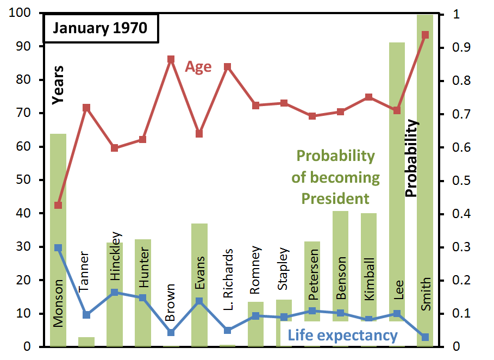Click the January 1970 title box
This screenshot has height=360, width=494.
tap(101, 28)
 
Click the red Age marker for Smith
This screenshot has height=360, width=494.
tap(425, 35)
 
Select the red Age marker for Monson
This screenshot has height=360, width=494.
tap(58, 205)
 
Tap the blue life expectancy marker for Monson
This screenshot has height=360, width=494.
tap(58, 248)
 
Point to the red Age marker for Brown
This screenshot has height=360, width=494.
tap(171, 59)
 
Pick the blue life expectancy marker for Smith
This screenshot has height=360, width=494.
tap(425, 337)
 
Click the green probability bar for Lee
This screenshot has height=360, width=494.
tap(397, 195)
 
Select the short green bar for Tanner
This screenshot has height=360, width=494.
tap(86, 342)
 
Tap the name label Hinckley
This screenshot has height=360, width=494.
tap(116, 256)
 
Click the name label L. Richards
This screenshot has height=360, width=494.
tap(228, 280)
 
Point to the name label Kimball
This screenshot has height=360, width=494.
tap(369, 279)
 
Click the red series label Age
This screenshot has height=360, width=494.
tap(198, 67)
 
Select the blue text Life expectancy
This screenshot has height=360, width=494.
tap(343, 336)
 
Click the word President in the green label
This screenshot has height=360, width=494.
tap(335, 198)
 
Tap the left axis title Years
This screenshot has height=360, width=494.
tap(58, 85)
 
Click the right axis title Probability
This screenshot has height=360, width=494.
tap(411, 158)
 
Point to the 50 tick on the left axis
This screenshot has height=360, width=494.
tap(23, 179)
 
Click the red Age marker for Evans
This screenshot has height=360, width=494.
tap(199, 134)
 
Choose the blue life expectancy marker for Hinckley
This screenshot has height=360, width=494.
tap(115, 292)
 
